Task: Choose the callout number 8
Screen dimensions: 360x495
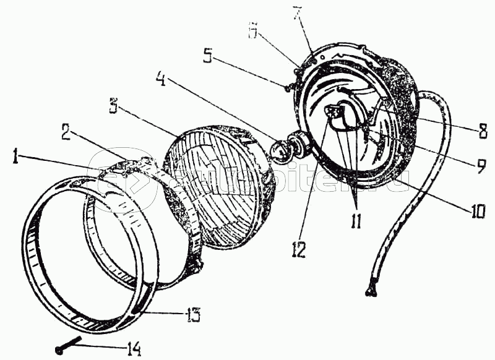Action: (x=482, y=131)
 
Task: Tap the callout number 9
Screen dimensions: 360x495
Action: (x=482, y=165)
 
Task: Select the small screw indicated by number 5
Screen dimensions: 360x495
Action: (x=289, y=87)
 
